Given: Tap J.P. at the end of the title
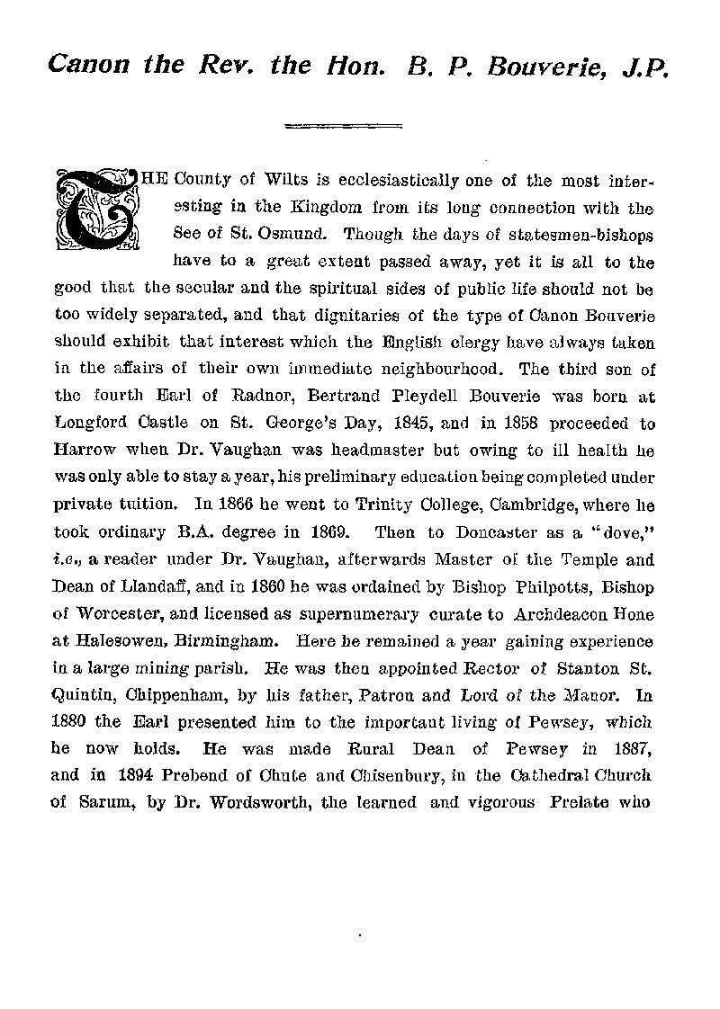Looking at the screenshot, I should tap(644, 66).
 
